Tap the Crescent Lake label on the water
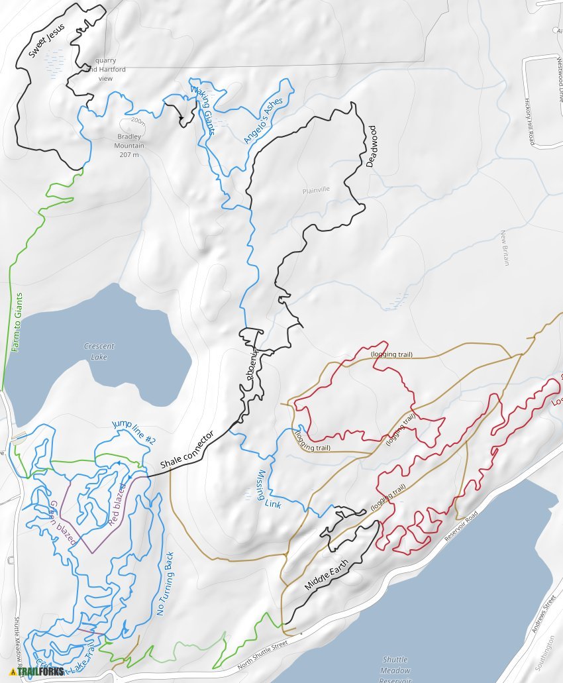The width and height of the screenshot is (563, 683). click(x=99, y=351)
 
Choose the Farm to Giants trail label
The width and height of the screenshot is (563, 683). click(x=18, y=322)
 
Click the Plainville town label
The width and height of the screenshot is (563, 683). click(x=315, y=189)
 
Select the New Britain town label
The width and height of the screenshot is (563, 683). click(x=505, y=248)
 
